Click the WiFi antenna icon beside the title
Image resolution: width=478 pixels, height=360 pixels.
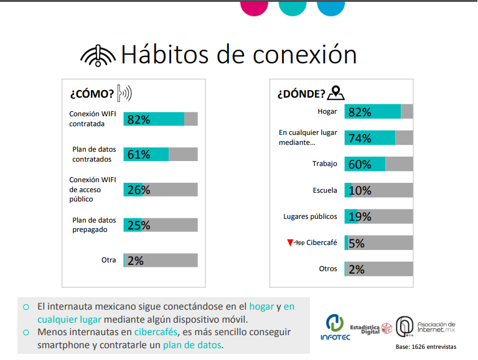point(98,56)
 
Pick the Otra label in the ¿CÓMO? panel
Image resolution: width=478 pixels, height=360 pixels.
point(108,260)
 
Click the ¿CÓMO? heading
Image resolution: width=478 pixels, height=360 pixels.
point(91,94)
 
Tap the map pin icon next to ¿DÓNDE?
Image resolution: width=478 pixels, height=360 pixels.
point(336,93)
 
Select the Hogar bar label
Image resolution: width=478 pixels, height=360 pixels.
point(327,112)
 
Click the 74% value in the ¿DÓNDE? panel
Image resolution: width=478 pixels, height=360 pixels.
point(360,138)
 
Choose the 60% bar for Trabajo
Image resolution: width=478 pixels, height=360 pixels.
point(365,164)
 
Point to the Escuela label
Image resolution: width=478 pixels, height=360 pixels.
point(325,190)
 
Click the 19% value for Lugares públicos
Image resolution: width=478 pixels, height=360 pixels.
point(360,216)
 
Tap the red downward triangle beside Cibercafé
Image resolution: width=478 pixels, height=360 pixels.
point(290,242)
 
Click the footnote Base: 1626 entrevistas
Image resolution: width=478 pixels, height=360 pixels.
point(426,346)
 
